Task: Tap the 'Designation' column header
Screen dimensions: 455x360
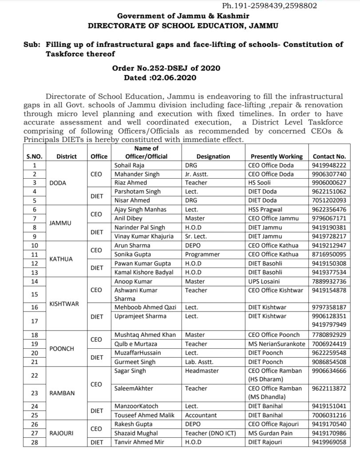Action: point(213,156)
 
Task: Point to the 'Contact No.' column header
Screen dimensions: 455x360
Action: point(329,156)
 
